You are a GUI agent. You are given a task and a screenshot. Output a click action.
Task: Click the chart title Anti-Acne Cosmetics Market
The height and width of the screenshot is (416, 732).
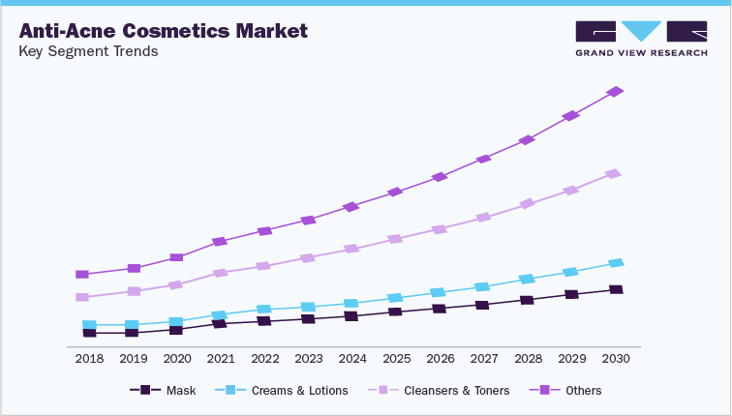163,30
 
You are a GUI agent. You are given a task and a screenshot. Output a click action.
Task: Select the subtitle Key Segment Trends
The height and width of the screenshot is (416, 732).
88,51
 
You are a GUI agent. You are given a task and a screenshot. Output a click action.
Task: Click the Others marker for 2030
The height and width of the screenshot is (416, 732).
615,92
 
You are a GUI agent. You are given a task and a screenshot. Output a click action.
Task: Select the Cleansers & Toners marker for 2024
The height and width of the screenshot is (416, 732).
351,249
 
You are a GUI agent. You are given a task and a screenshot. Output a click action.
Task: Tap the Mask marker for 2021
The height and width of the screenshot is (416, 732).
220,323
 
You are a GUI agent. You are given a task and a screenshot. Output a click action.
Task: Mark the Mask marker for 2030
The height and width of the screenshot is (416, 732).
616,289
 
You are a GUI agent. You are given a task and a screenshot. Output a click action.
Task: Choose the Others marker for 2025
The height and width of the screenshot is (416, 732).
395,193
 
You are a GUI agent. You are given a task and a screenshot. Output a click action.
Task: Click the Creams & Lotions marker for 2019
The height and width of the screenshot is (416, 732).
132,325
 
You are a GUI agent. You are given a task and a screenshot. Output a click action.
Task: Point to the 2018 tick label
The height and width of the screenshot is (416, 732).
89,358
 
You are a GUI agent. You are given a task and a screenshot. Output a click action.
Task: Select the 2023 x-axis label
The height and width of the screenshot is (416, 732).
309,358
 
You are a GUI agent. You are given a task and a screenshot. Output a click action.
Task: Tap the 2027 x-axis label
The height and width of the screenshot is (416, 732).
484,358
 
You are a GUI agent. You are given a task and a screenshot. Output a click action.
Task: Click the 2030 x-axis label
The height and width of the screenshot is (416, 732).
616,358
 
